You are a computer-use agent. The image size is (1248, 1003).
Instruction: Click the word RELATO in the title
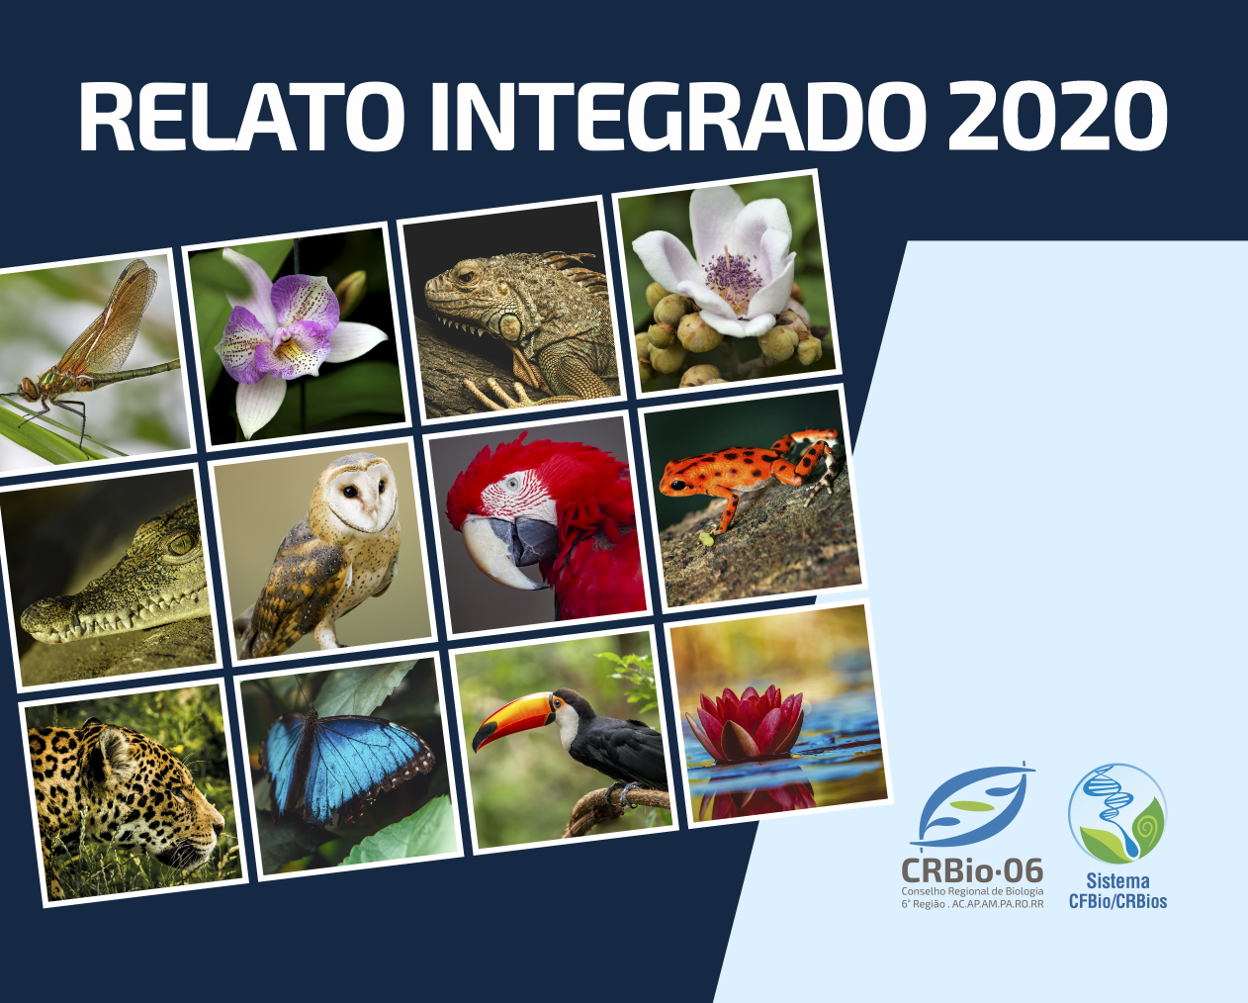242,117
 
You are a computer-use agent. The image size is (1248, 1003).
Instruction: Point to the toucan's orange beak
513,717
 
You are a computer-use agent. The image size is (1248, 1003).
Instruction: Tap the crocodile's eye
182,544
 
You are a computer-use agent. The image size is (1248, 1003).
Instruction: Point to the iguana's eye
466,275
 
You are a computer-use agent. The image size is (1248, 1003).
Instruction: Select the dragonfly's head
30,388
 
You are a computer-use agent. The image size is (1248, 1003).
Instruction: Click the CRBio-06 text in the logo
972,870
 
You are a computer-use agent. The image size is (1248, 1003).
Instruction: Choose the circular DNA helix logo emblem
1117,814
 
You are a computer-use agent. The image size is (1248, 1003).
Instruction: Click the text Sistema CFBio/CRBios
1118,890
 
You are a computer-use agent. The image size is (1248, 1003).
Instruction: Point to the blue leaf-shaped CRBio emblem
972,806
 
